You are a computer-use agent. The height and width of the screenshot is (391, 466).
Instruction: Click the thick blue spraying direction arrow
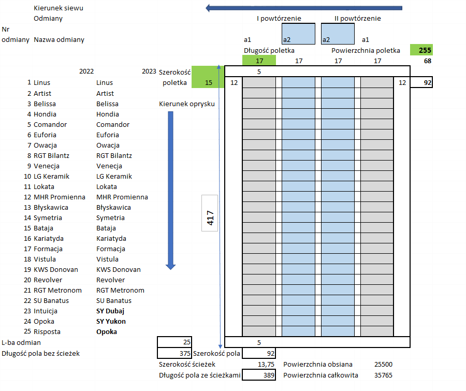coord(170,190)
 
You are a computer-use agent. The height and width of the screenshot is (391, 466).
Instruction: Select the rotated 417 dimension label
coord(210,220)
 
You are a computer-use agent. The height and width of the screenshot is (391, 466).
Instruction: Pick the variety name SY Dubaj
coord(110,311)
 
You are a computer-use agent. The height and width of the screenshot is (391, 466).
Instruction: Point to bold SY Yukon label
coord(111,321)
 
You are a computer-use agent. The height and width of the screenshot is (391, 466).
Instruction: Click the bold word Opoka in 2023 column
coord(107,331)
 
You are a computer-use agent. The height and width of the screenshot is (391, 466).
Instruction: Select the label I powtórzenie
coord(279,19)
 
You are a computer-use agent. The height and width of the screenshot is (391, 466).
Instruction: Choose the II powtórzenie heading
coord(357,19)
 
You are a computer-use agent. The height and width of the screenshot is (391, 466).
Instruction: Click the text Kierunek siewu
coord(58,8)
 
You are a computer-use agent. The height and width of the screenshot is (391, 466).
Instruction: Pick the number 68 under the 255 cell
coord(427,61)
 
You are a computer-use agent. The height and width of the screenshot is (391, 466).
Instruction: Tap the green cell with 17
coord(259,61)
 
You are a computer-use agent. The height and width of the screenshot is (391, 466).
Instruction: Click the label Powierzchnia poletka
coord(366,51)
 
